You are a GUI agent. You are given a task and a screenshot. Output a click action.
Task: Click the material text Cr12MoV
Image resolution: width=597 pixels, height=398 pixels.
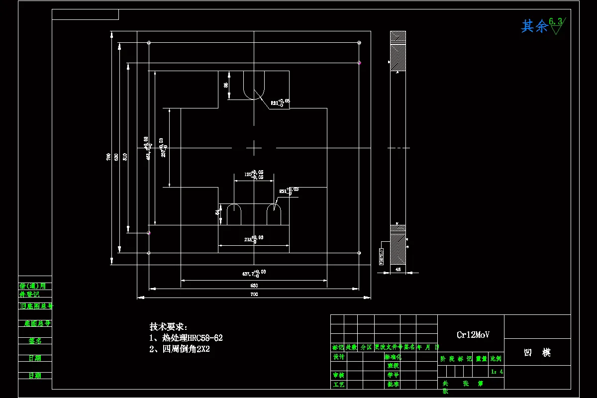tap(473, 335)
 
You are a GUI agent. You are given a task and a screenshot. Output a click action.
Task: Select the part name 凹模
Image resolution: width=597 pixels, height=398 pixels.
tap(537, 353)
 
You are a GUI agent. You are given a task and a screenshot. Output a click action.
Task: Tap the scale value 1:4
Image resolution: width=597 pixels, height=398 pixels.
tap(497, 371)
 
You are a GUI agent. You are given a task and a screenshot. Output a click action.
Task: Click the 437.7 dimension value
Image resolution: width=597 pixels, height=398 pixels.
tap(248, 274)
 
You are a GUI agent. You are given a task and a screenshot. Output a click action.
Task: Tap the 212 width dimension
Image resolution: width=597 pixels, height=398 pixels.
tap(249, 239)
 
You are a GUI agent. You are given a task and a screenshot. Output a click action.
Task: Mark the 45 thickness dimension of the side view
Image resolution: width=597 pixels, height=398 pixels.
tap(398, 269)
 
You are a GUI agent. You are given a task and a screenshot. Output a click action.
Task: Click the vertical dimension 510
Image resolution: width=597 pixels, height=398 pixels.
tap(125, 156)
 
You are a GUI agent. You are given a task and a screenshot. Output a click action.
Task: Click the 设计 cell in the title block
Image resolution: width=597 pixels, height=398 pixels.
tap(339, 357)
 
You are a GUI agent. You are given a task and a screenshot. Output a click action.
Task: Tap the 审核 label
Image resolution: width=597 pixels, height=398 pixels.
tap(339, 375)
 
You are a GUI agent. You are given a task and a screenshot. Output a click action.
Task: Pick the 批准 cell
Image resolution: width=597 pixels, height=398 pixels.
tap(393, 384)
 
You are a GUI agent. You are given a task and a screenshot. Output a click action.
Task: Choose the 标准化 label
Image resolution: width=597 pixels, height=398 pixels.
tap(393, 357)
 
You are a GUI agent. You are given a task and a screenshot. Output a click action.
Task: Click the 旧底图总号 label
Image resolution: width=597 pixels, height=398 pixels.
tap(35, 306)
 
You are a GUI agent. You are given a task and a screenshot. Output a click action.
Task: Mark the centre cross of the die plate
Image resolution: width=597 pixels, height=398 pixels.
tap(254, 148)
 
